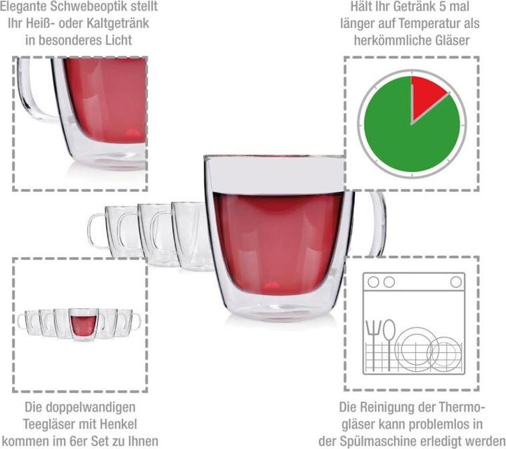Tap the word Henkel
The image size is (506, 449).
click(x=119, y=424)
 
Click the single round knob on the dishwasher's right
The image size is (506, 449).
click(x=456, y=282)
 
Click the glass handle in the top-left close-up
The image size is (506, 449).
click(x=35, y=91)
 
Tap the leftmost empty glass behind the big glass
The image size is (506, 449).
click(x=105, y=228)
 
